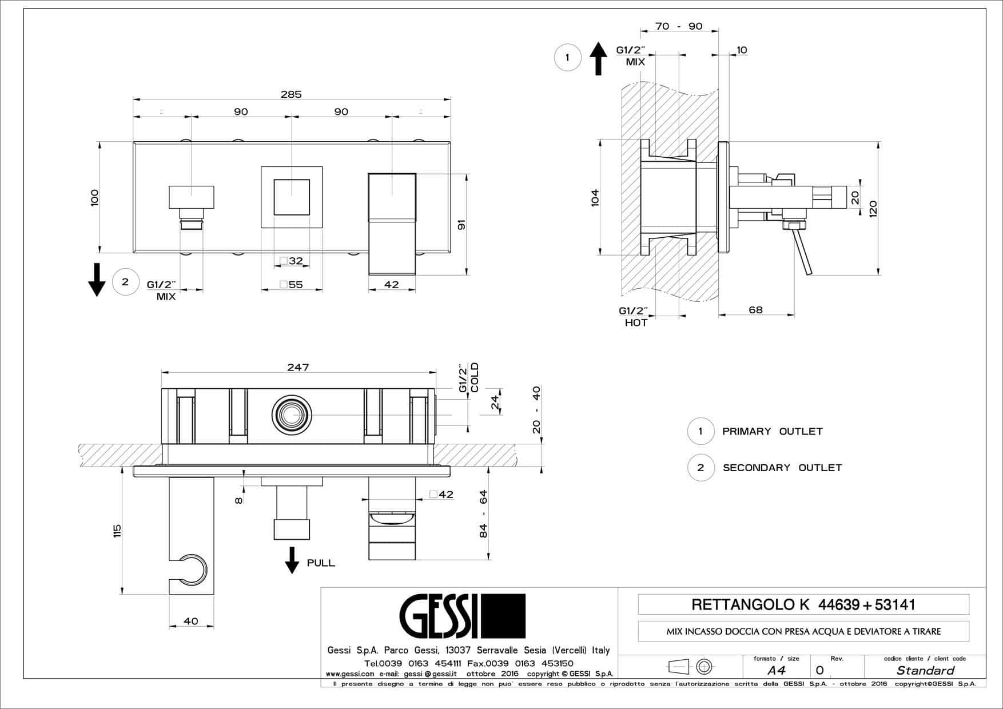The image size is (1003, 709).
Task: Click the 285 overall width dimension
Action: coord(290,94)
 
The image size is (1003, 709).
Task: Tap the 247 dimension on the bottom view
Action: coord(298,367)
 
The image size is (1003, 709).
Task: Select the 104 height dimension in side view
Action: coord(595,197)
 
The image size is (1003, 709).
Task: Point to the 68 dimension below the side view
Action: coord(755,310)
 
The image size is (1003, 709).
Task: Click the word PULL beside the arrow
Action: coord(321,563)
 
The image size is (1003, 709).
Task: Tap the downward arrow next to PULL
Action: coord(292,560)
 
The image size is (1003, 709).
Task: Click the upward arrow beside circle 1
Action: coord(598,58)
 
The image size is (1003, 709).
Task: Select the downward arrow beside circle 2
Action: coord(97,280)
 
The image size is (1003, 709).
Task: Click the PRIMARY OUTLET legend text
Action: coord(772,431)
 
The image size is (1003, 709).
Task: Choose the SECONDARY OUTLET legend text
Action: coord(782,468)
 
